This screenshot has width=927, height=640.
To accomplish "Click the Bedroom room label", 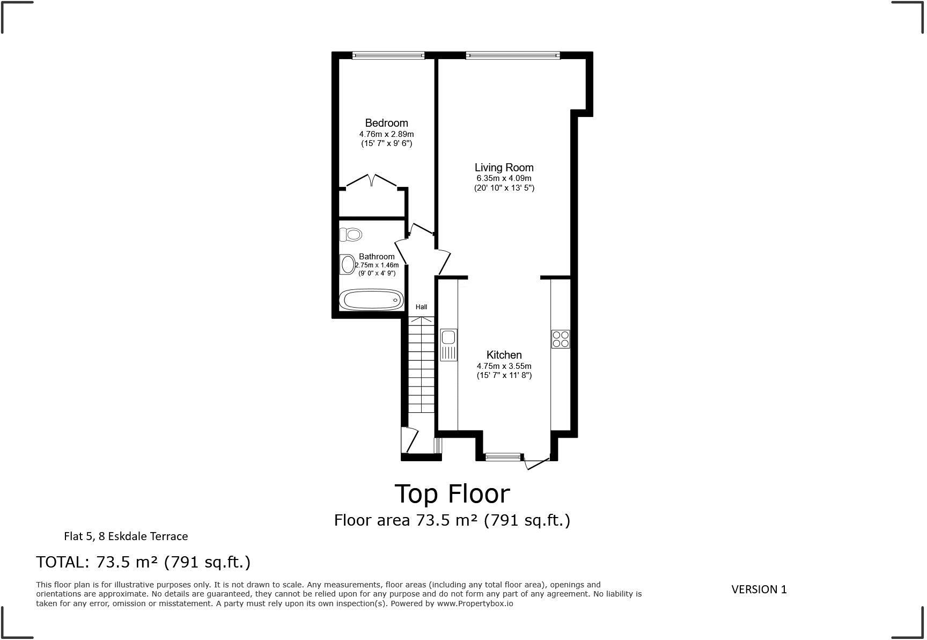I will tap(386, 123).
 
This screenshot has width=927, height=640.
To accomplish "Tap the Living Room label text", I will tap(504, 168).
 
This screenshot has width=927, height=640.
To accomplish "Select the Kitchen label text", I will tap(504, 355).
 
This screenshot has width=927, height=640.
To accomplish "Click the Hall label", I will tap(421, 307).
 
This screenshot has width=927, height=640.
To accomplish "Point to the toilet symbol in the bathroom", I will tap(351, 234).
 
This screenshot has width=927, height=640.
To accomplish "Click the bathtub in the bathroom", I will tap(372, 300).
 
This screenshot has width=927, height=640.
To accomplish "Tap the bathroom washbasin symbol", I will tap(348, 264).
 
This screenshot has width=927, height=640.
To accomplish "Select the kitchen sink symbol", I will tap(448, 344).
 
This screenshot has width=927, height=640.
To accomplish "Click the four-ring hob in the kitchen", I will tap(561, 339).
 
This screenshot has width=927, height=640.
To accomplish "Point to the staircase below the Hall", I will tap(421, 365).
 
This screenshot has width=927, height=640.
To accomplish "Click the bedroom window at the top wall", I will tap(388, 55).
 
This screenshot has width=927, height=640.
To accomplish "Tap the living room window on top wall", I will tap(512, 55).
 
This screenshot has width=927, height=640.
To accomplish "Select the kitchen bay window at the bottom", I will tap(503, 457).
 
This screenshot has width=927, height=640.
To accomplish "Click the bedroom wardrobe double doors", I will tap(372, 180).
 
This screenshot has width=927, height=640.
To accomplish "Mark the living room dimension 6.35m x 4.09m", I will tap(504, 178).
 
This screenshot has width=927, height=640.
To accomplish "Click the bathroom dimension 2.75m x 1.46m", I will tap(377, 265).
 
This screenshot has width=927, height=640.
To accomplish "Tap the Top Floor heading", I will tap(452, 493).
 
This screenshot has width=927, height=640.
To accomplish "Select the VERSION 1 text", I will tap(759, 589).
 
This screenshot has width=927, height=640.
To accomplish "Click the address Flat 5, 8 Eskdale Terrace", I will tap(126, 536).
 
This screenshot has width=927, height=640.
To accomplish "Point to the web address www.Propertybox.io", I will tap(475, 603).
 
